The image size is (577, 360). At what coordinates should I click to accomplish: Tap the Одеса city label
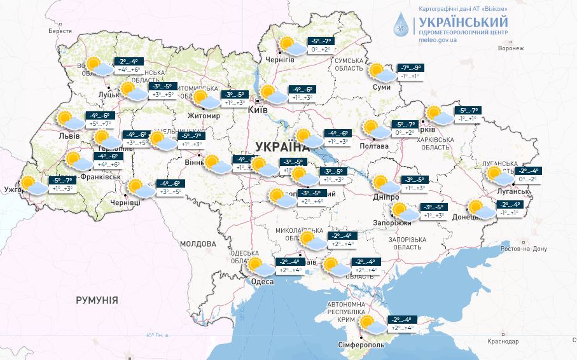click(x=262, y=282)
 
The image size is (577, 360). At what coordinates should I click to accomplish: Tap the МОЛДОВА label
click(x=198, y=244)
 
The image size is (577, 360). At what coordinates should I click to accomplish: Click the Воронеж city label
click(x=510, y=48)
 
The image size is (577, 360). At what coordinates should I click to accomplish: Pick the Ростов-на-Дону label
click(x=525, y=249)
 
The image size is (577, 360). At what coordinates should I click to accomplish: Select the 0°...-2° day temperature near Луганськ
click(x=528, y=180)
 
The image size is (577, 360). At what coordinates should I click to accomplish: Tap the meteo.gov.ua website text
click(x=438, y=39)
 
